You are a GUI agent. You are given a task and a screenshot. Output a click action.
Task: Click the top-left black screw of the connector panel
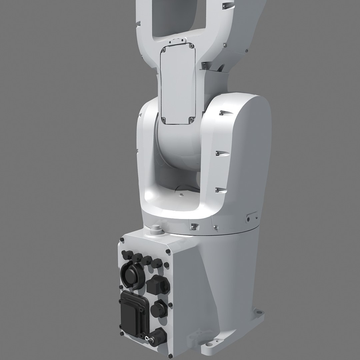(x=123, y=240)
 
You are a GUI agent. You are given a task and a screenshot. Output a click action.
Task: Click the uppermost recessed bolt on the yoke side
(x=221, y=114)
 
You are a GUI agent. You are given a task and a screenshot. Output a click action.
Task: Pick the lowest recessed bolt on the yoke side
(x=217, y=190)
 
